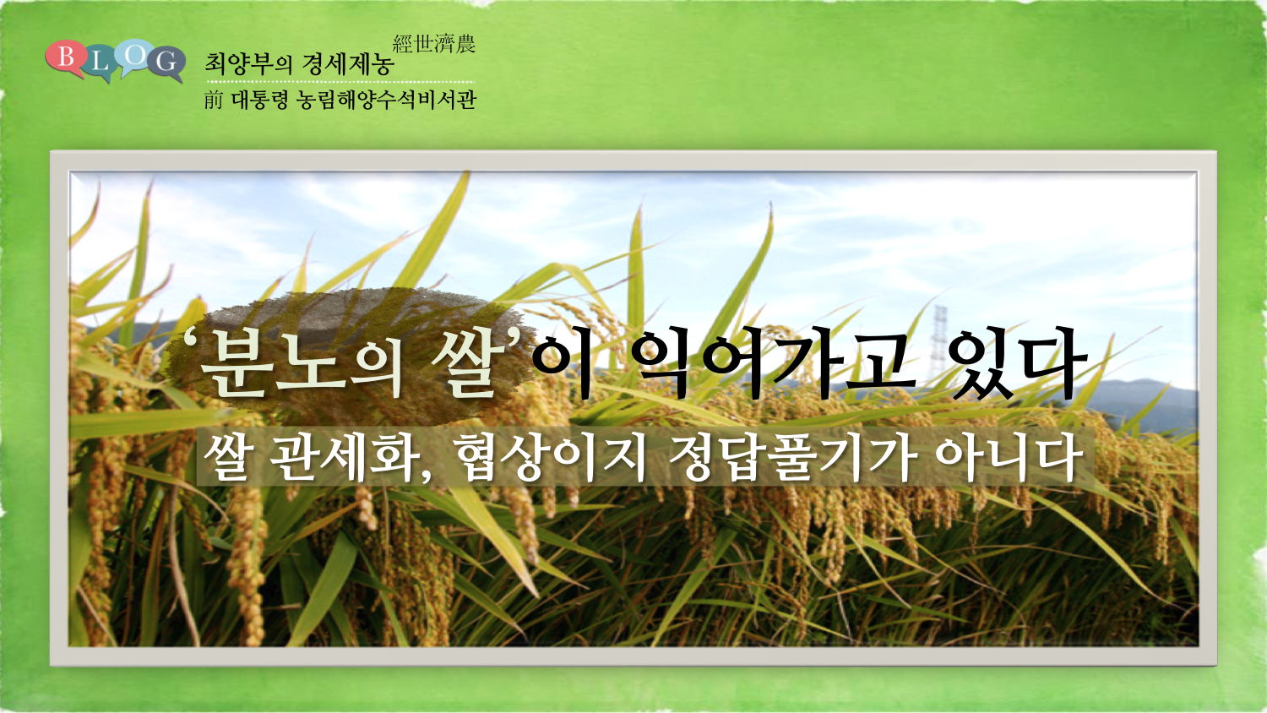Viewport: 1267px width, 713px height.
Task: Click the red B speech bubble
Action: [65, 57]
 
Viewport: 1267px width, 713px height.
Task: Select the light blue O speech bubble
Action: [134, 57]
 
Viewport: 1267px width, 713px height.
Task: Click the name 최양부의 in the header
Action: [249, 64]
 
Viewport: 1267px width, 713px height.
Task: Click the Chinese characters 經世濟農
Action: [434, 44]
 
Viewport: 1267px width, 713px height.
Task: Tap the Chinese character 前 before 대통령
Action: [213, 100]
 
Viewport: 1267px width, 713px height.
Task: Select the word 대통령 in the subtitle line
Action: [260, 100]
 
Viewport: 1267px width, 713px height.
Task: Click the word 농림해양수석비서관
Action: [387, 100]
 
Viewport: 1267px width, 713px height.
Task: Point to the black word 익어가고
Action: [773, 362]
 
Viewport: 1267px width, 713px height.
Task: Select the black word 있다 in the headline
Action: [1017, 362]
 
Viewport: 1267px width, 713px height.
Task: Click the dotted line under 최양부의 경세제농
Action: [340, 82]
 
